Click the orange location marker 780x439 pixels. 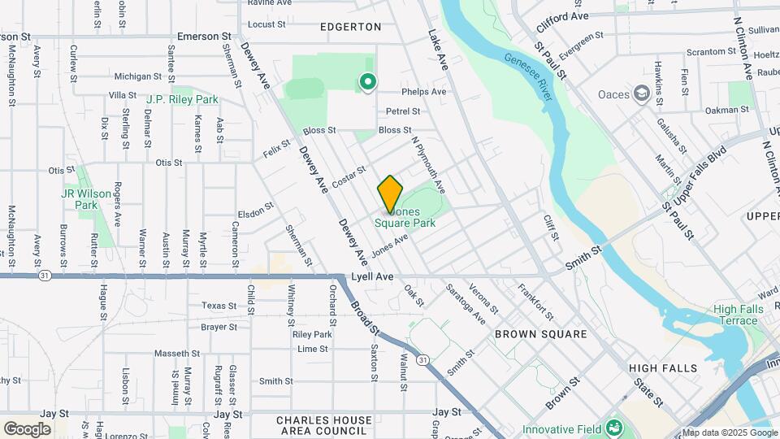[x=390, y=193]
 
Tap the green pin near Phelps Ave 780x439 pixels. [x=367, y=81]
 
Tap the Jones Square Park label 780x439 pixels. [x=410, y=217]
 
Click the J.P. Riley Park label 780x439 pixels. [x=182, y=99]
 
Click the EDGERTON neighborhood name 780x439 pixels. [x=350, y=27]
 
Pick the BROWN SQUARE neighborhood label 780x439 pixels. [x=541, y=334]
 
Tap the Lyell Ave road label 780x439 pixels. [x=372, y=277]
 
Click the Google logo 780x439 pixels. [x=28, y=428]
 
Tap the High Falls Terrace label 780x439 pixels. [x=735, y=315]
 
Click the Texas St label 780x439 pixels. [x=219, y=306]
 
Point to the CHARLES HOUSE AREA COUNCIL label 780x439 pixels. [x=321, y=425]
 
